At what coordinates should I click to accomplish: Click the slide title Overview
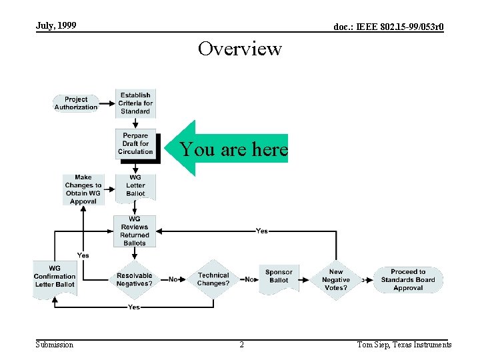pos(240,49)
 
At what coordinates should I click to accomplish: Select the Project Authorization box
pos(76,103)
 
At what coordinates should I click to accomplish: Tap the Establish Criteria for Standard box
pos(135,103)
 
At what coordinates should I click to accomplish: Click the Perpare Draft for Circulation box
pos(135,144)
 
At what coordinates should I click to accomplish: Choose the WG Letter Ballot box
pos(135,186)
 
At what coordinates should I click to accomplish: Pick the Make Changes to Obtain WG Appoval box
pos(83,189)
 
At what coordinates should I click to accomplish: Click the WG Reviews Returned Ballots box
pos(135,231)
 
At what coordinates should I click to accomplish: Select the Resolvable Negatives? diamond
pos(135,279)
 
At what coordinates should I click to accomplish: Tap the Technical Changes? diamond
pos(213,279)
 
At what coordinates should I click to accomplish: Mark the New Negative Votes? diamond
pos(336,280)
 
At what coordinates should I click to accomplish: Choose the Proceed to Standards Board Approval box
pos(408,280)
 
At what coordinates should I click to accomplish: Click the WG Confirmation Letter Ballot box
pos(55,277)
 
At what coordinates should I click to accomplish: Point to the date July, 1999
pos(56,26)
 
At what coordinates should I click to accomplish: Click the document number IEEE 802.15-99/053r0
pos(389,27)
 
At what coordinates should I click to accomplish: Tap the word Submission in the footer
pos(55,345)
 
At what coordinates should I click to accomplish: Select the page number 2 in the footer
pos(241,345)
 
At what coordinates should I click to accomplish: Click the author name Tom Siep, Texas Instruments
pos(404,345)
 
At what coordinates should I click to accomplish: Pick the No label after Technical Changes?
pos(250,279)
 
